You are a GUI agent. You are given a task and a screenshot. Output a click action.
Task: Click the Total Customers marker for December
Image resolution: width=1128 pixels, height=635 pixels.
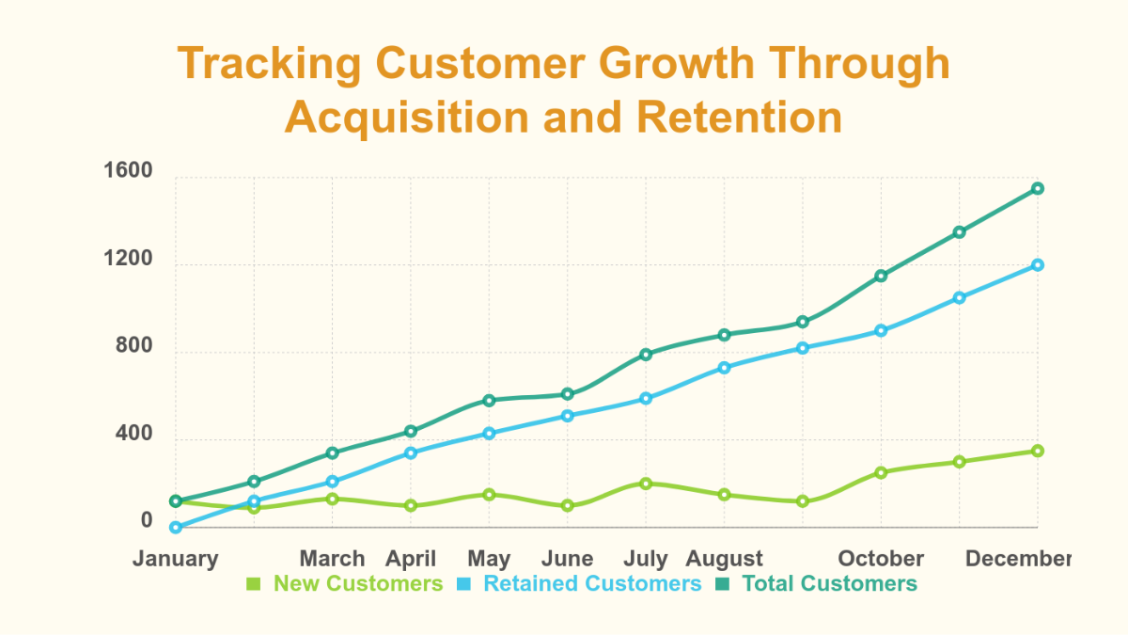[x=1038, y=188]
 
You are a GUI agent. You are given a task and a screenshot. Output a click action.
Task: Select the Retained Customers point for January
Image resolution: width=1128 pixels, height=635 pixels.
[x=176, y=528]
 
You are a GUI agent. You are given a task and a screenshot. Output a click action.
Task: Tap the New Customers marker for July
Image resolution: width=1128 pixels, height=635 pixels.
[x=646, y=484]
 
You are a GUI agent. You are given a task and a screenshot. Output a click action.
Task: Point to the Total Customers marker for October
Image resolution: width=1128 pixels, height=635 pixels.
[x=881, y=276]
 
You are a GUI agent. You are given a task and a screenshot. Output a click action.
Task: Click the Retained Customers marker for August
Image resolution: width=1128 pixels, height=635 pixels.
[x=724, y=367]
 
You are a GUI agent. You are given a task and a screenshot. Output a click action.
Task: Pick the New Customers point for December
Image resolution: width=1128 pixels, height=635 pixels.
[x=1038, y=451]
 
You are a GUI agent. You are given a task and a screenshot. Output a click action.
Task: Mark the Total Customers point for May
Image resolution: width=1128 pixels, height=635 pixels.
[x=489, y=400]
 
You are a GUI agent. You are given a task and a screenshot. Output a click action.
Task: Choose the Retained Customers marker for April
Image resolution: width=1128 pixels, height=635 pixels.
[x=411, y=452]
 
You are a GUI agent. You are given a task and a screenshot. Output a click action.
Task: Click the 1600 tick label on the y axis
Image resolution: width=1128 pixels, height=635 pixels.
[x=128, y=172]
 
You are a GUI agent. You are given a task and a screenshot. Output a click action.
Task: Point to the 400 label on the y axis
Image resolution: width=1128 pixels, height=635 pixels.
[x=133, y=435]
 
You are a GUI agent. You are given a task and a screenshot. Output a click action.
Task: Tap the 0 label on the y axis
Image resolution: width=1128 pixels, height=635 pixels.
[x=147, y=521]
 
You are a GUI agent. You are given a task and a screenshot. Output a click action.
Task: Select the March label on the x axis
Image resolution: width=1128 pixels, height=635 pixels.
[x=332, y=559]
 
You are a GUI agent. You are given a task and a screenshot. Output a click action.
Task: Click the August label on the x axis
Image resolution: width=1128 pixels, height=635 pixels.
[x=725, y=559]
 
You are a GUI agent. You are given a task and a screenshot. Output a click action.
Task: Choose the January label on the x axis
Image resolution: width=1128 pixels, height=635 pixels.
[x=176, y=559]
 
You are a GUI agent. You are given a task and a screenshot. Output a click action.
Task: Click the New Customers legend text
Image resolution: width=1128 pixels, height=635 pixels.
[x=357, y=583]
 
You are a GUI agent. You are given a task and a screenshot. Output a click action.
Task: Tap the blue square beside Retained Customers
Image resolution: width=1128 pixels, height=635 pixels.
[x=463, y=584]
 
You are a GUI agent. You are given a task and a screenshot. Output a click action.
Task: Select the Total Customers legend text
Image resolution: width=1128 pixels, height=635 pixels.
[x=829, y=583]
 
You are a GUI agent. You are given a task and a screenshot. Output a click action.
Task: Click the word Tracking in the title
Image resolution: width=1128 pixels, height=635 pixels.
[x=270, y=64]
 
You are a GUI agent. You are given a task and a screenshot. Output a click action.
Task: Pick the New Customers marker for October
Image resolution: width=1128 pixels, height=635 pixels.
[x=881, y=472]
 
